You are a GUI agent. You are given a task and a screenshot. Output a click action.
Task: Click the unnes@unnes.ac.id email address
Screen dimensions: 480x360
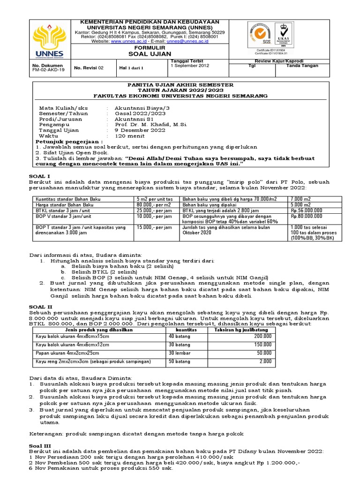[186, 41]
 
